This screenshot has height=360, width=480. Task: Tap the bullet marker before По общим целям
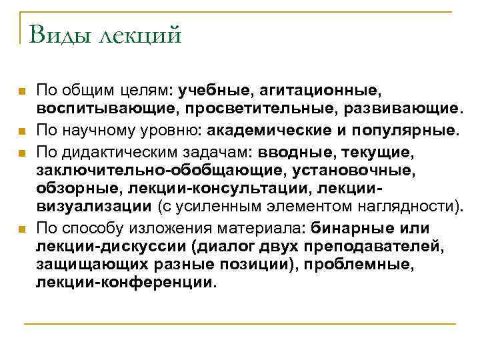coord(22,90)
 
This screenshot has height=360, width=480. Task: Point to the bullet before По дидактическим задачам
coord(22,152)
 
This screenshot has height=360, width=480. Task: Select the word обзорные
coord(74,191)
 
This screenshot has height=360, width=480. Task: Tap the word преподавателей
coord(382,248)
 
